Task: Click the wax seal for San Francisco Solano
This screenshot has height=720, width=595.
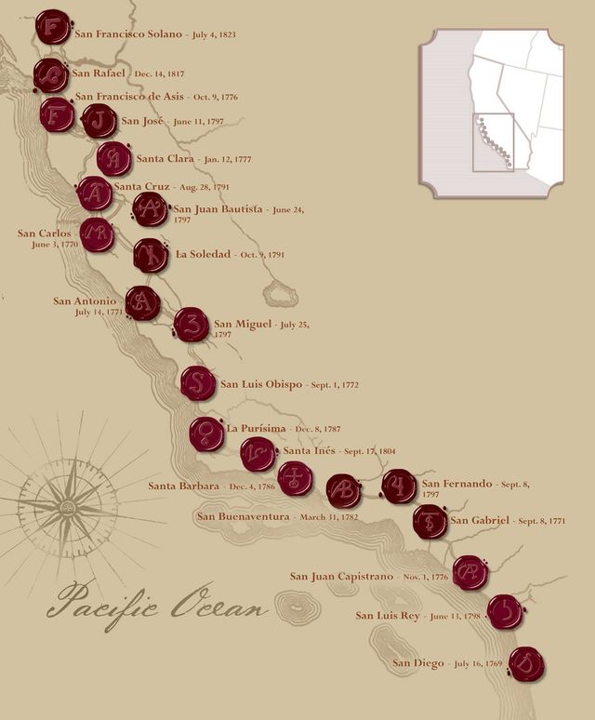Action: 53,27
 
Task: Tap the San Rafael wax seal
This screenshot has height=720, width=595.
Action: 50,74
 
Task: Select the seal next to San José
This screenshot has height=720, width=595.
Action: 99,120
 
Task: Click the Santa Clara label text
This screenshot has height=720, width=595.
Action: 165,159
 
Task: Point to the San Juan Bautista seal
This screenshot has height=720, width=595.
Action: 150,210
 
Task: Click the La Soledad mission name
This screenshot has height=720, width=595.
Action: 203,254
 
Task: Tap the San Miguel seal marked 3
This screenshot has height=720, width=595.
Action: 192,325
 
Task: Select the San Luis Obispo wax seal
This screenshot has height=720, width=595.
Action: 198,383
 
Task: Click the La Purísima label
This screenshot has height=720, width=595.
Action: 257,429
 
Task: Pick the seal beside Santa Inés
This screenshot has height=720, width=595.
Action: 258,454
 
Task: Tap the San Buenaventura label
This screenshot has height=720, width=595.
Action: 244,516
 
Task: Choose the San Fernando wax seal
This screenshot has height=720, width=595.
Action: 399,487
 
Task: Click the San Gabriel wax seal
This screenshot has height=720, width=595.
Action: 430,521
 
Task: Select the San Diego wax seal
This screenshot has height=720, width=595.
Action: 527,665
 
